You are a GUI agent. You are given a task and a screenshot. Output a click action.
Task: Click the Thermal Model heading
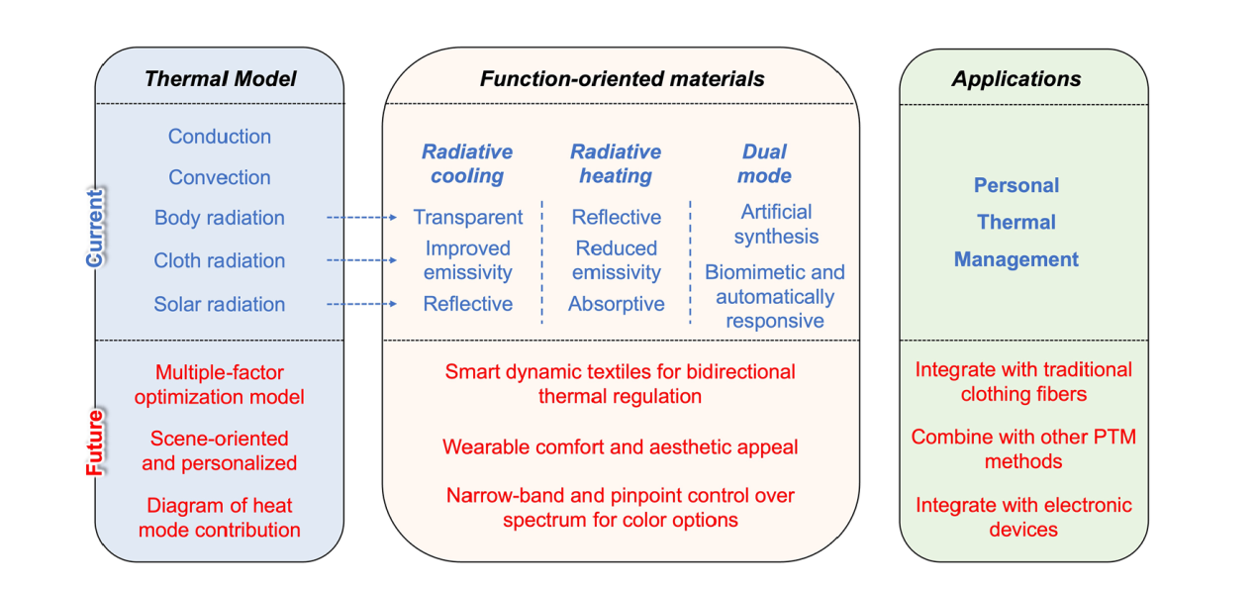(220, 78)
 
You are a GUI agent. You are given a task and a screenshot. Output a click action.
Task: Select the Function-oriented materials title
(622, 78)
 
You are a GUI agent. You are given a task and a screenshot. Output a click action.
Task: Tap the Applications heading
(1016, 79)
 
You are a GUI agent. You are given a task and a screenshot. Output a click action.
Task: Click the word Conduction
(220, 137)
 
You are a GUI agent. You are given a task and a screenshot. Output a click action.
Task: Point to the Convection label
(220, 177)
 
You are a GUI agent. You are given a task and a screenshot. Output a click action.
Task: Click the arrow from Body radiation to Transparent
(362, 217)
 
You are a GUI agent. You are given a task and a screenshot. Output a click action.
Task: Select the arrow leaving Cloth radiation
(362, 260)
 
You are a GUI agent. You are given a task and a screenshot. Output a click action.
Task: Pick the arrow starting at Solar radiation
(362, 304)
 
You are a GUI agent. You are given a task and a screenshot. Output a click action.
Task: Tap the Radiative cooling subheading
(467, 163)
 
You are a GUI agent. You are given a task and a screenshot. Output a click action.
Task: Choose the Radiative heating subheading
(616, 163)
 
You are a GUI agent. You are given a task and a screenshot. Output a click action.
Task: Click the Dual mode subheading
(764, 163)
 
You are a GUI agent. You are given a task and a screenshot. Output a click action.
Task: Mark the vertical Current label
(94, 228)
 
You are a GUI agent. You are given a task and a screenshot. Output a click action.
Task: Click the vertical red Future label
(95, 442)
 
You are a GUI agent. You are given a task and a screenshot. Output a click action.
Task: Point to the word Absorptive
(617, 304)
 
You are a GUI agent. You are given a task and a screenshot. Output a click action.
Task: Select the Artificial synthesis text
(776, 224)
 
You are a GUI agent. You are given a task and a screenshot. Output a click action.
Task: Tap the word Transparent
(467, 217)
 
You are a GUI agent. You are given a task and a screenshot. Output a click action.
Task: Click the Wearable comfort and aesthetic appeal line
(620, 446)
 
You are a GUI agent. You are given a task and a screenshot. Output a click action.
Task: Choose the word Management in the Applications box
(1016, 259)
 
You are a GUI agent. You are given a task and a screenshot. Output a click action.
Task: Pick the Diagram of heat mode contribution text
(220, 518)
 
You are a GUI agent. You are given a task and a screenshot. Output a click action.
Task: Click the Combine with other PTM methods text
(1023, 449)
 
